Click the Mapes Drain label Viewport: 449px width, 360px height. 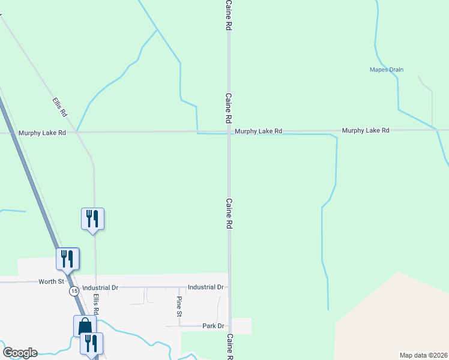pos(387,70)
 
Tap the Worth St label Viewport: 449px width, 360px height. pos(51,281)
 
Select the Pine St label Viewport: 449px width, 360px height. pos(179,306)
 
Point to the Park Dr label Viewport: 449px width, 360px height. pos(213,326)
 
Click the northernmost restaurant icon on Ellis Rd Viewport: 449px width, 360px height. pos(92,218)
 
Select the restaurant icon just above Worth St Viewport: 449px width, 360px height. pos(67,259)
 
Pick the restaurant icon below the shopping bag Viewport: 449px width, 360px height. pos(91,344)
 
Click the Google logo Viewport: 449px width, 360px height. pos(20,353)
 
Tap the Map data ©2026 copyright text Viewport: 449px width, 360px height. pos(423,355)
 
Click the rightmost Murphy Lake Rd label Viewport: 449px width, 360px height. pos(366,130)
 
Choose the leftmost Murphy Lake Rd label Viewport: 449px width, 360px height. pos(41,133)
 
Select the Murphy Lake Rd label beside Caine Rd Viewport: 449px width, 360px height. pos(258,131)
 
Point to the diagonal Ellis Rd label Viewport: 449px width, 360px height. pos(59,107)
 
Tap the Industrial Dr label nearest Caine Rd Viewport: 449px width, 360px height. pos(205,287)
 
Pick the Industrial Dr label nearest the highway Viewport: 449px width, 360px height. pos(100,288)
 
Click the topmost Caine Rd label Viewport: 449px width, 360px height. pos(229,16)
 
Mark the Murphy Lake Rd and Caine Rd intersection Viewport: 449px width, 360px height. pos(229,131)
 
